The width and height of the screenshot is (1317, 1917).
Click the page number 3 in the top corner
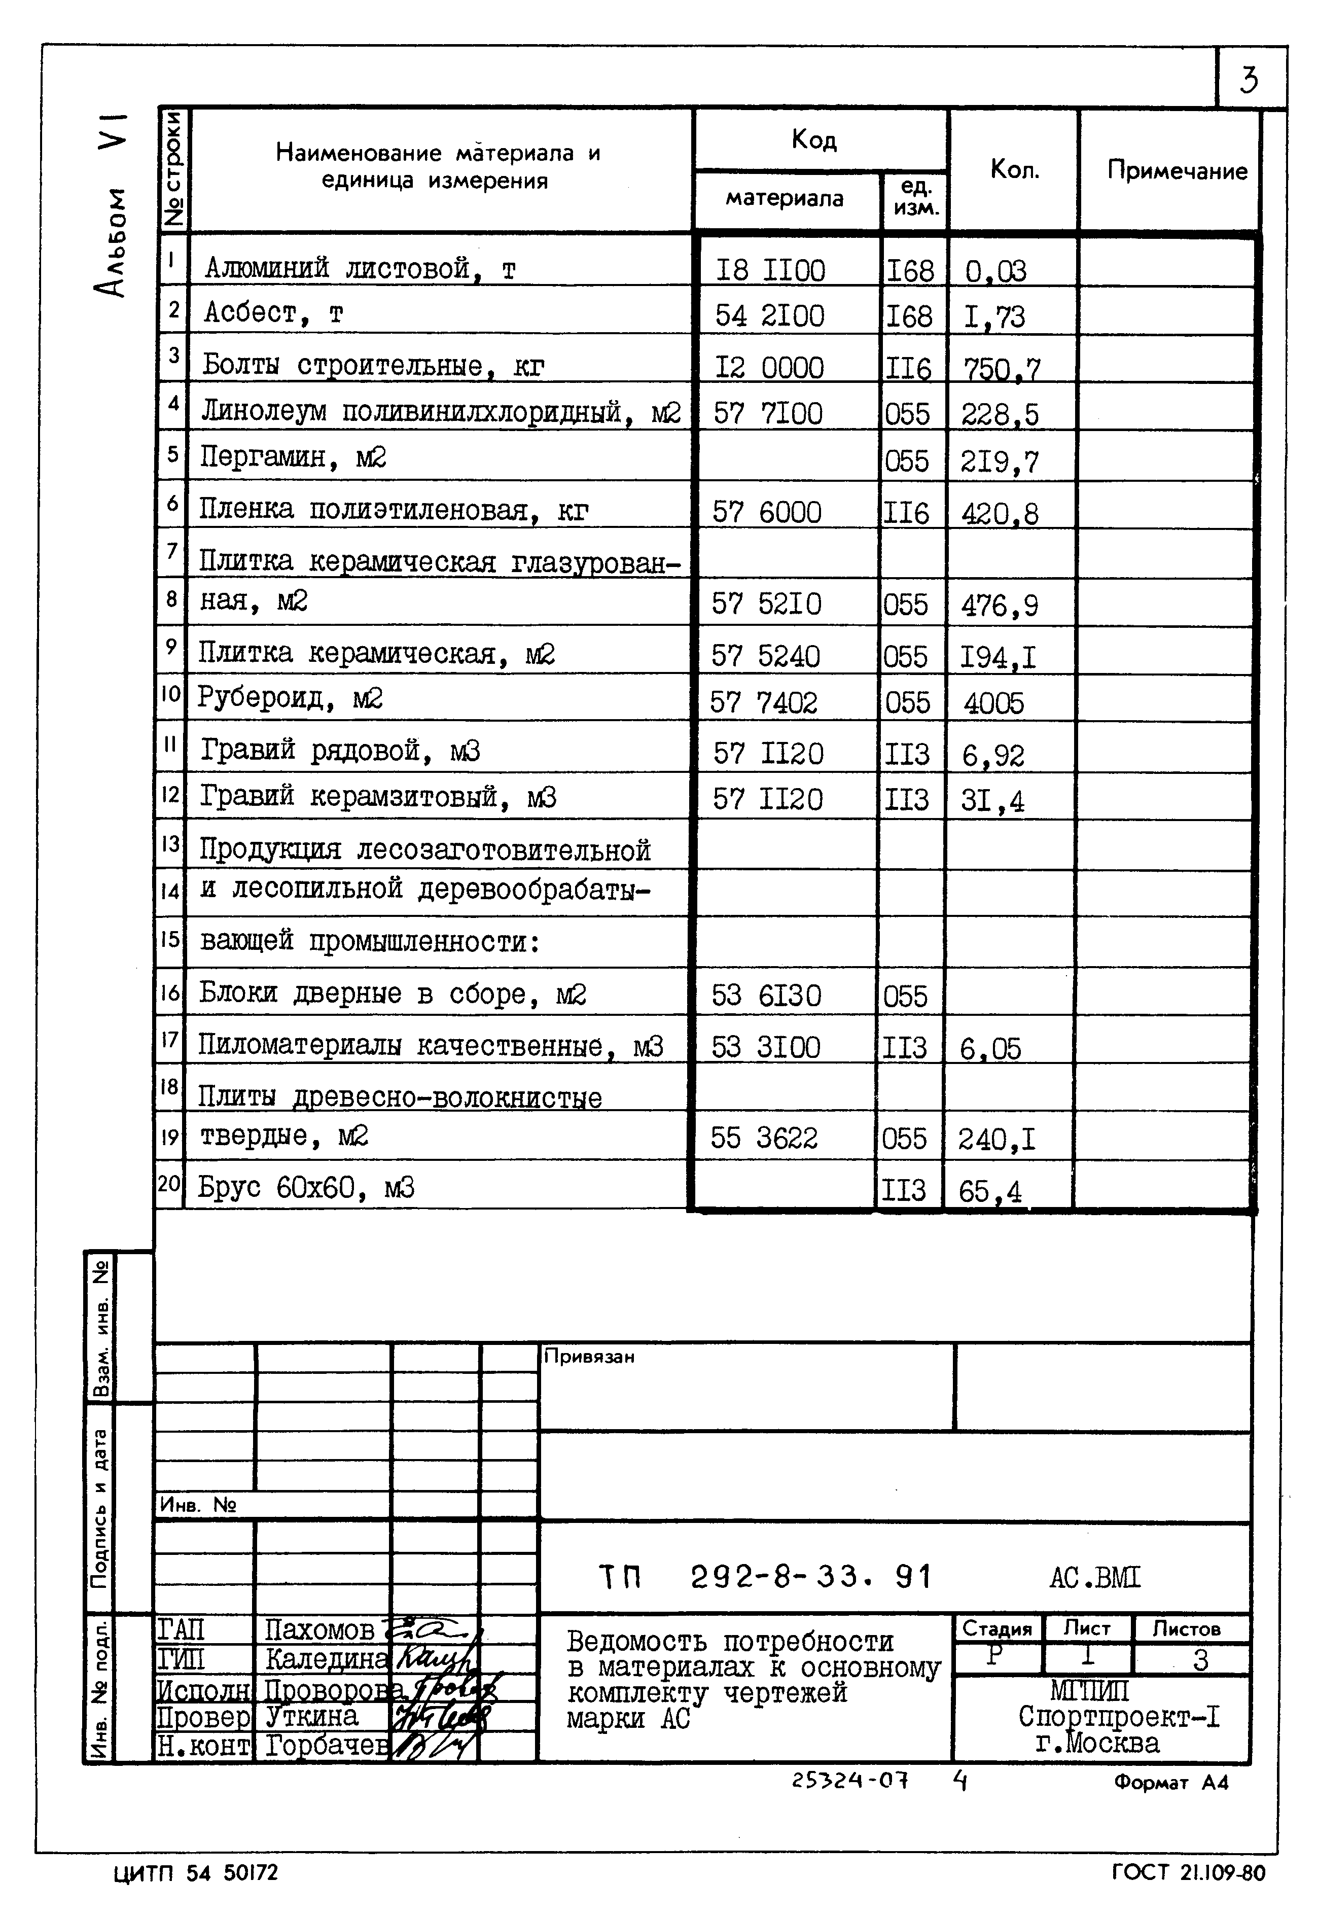click(1250, 80)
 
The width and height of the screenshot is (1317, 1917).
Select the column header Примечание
click(1177, 171)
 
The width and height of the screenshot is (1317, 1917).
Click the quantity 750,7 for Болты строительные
click(1001, 368)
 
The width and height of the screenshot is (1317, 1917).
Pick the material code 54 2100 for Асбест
click(769, 316)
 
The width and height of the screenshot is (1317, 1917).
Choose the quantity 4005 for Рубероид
click(993, 703)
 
